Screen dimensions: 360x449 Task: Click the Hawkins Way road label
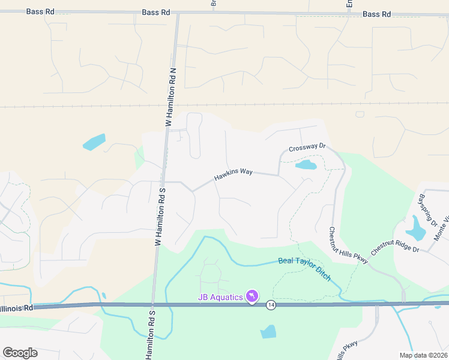(234, 175)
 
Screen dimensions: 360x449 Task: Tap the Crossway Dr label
(306, 148)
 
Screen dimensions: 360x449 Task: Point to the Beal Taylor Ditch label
(304, 265)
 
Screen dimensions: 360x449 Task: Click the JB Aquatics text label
(221, 297)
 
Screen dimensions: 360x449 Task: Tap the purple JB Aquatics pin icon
(253, 296)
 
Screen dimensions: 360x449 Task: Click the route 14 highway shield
(271, 304)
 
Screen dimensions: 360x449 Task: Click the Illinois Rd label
(16, 308)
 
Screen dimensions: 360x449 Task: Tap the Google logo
(20, 353)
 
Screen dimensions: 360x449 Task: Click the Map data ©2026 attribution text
(423, 355)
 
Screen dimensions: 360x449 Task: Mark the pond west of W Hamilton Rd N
(94, 142)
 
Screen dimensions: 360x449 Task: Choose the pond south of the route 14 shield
(269, 332)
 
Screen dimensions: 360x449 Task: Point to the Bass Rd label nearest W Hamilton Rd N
(156, 12)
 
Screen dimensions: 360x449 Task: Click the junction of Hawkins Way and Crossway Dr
(279, 175)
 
